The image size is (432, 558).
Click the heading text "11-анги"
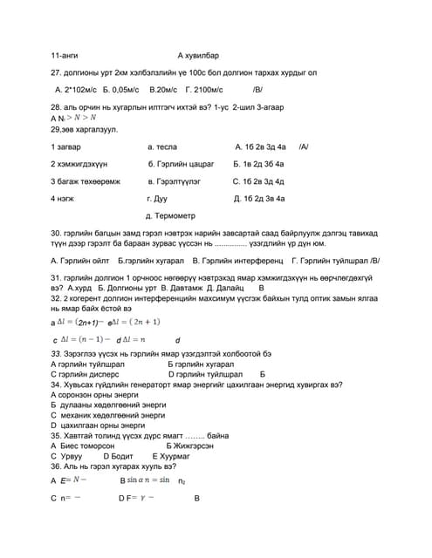tap(65, 55)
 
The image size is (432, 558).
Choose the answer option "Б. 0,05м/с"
tap(120, 90)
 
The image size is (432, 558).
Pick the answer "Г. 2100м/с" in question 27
tap(205, 90)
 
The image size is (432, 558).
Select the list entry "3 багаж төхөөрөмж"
tap(86, 181)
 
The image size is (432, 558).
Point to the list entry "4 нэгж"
tap(63, 199)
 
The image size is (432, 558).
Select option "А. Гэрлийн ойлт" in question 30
tap(80, 260)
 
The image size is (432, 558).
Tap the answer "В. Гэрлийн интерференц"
tap(242, 260)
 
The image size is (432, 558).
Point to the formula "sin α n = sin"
tap(147, 480)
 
